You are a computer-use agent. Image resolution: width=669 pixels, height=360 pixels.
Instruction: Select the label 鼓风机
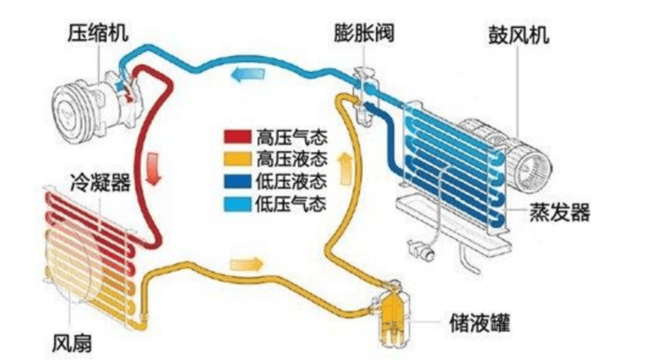click(x=518, y=36)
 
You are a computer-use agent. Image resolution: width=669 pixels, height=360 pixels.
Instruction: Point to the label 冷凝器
click(x=100, y=181)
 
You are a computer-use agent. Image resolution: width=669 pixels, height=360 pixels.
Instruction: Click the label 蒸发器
click(x=560, y=212)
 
